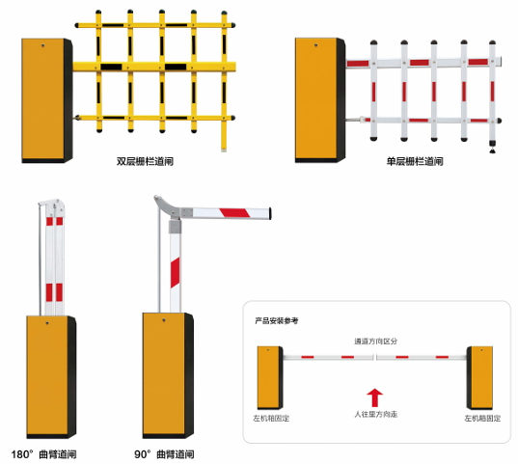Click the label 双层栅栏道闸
(x=145, y=161)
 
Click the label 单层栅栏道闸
(x=415, y=161)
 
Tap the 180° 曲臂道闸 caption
(x=44, y=454)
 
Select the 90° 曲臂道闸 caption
(x=164, y=454)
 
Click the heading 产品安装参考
(x=277, y=320)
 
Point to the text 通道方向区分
(x=375, y=341)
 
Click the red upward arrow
(x=374, y=397)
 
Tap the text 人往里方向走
(x=375, y=414)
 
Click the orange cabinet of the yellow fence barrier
(x=47, y=100)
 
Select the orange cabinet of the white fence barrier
(x=320, y=100)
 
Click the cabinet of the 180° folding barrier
(x=51, y=377)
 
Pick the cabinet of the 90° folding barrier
(x=168, y=375)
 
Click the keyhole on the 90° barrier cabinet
(x=164, y=320)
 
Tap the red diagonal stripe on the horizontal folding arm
(x=234, y=213)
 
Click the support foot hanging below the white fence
(x=493, y=147)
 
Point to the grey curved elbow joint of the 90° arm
(x=167, y=206)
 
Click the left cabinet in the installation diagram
(x=270, y=378)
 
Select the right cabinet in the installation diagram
(x=479, y=378)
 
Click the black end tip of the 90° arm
(x=270, y=213)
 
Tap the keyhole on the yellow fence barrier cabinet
(x=43, y=45)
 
